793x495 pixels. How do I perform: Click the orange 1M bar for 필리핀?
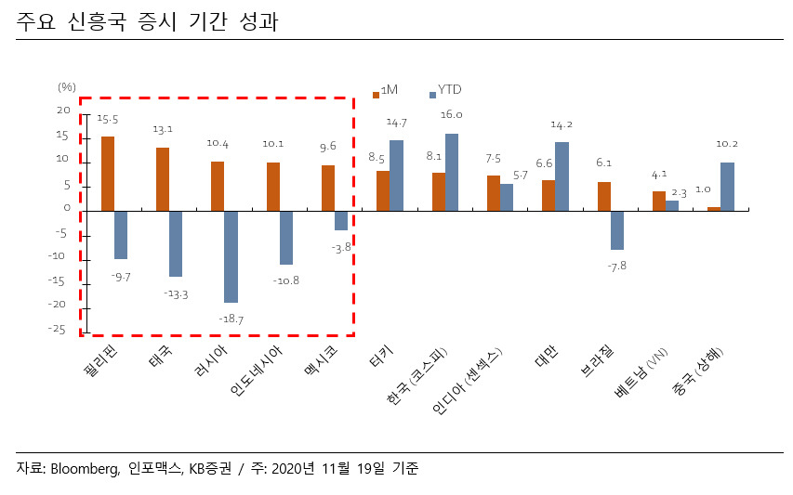(x=108, y=174)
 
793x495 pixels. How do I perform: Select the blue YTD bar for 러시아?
(x=231, y=256)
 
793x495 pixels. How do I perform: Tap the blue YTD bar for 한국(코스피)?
(x=452, y=172)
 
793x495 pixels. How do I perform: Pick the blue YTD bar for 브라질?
(x=617, y=230)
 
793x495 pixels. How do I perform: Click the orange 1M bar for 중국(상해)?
(x=714, y=209)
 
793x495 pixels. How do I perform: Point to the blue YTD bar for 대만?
(x=562, y=176)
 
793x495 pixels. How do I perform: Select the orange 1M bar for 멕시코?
(x=328, y=188)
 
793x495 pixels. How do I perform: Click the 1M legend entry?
(x=385, y=90)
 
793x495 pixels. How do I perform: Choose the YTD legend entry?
(x=445, y=90)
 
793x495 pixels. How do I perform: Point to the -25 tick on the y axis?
(x=57, y=330)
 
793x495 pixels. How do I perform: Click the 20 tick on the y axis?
(x=63, y=111)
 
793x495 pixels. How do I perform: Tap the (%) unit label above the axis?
(x=67, y=87)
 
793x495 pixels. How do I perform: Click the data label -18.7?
(x=231, y=319)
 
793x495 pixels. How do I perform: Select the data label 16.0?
(x=451, y=114)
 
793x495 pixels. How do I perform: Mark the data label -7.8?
(x=617, y=266)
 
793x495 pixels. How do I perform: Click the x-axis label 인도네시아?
(x=255, y=371)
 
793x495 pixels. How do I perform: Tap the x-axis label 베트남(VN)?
(x=641, y=372)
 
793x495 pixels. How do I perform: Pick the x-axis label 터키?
(x=381, y=357)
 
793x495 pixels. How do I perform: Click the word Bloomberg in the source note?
(x=85, y=469)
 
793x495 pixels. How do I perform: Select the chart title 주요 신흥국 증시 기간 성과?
(x=147, y=21)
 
